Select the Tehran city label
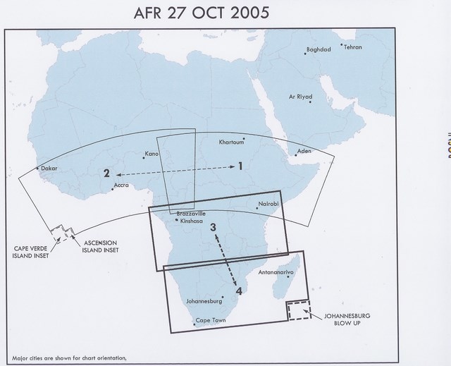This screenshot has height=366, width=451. click(x=353, y=47)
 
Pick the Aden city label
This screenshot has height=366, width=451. click(x=304, y=151)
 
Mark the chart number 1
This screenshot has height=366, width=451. click(x=240, y=166)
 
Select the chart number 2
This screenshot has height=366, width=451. click(x=106, y=173)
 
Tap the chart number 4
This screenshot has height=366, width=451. click(x=239, y=289)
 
